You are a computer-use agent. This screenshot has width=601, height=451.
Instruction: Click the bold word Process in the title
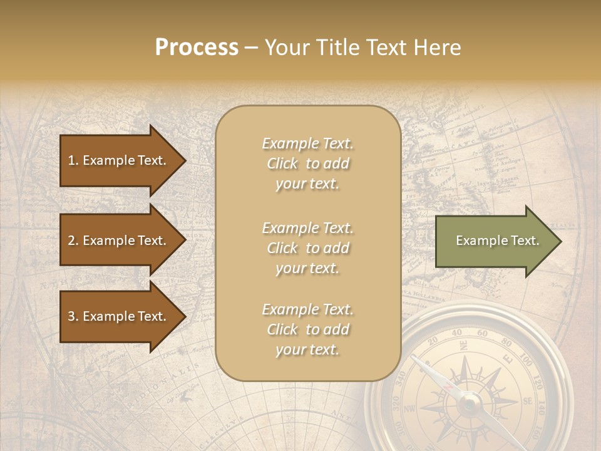coord(197,48)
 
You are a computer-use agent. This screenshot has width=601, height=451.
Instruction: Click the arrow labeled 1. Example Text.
coord(119,160)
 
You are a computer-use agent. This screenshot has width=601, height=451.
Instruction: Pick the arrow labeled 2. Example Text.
coord(119,241)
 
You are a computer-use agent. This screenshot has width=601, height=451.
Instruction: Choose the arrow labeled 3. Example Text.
coord(119,316)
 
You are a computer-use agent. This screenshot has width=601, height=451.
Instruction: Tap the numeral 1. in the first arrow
coord(73,160)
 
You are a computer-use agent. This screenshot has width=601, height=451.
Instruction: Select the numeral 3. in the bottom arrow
coord(73,316)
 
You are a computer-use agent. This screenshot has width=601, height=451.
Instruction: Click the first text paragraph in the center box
coord(307,163)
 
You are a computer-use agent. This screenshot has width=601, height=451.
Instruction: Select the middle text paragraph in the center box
coord(307,248)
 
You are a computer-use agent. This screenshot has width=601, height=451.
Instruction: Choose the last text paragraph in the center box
coord(307,329)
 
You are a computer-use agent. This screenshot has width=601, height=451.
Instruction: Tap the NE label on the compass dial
coord(463,345)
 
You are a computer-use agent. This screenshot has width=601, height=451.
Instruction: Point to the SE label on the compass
coord(528,402)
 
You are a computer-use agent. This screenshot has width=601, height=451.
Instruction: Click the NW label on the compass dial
coord(411,410)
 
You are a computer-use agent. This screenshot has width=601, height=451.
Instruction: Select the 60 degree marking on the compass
coord(481,333)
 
